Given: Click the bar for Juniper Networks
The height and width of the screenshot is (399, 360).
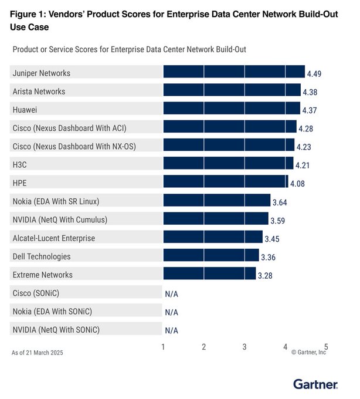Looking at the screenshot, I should pos(233,72).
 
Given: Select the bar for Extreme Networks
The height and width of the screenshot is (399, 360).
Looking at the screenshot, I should pos(209,273).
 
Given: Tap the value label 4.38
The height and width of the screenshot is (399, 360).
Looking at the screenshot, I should pos(310,92).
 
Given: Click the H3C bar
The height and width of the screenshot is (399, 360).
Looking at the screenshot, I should pos(227,164).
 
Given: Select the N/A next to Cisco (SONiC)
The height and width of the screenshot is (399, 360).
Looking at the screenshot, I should pos(171,293).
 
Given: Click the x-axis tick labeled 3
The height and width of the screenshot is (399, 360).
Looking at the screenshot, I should pos(244,347).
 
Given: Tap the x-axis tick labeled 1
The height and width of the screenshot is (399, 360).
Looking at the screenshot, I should pos(163,347).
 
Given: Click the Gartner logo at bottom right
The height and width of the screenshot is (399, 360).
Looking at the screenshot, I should pos(315,384).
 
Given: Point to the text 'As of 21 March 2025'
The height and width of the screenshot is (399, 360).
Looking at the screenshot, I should pos(37,353).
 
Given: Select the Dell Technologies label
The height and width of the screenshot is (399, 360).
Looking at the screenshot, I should pos(42,256).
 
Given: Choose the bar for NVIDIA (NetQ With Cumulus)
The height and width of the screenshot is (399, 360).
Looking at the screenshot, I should pos(215,219).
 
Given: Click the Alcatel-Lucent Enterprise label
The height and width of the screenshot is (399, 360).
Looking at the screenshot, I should pos(53,238).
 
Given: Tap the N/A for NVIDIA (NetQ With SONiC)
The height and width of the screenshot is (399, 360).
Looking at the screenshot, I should pos(171,330).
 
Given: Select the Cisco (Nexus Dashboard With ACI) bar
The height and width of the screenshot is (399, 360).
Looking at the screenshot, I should pos(230,127).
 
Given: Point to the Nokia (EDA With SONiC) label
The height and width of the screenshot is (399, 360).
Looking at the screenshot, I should pos(52,311).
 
